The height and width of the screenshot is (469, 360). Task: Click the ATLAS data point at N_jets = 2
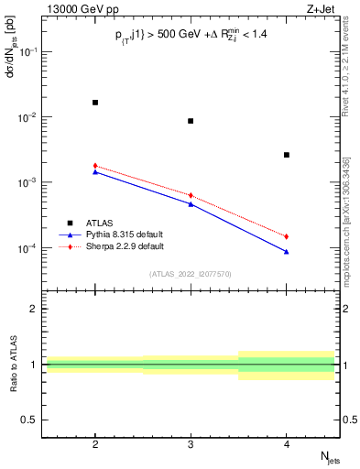(95, 103)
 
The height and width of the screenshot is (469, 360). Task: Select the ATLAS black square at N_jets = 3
(191, 121)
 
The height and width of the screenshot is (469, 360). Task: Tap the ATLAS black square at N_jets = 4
(287, 155)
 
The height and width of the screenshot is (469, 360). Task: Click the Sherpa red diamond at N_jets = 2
(95, 166)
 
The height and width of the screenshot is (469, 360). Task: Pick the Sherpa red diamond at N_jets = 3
(191, 195)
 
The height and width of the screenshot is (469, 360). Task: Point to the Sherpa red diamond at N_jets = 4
(287, 236)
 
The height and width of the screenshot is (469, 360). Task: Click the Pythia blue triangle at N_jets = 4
(287, 251)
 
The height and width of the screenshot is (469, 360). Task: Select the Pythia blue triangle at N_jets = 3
(191, 203)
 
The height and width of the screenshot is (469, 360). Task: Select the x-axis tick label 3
(191, 443)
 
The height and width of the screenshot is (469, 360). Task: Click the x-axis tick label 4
(287, 443)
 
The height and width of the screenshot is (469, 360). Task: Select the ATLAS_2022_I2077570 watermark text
(191, 274)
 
